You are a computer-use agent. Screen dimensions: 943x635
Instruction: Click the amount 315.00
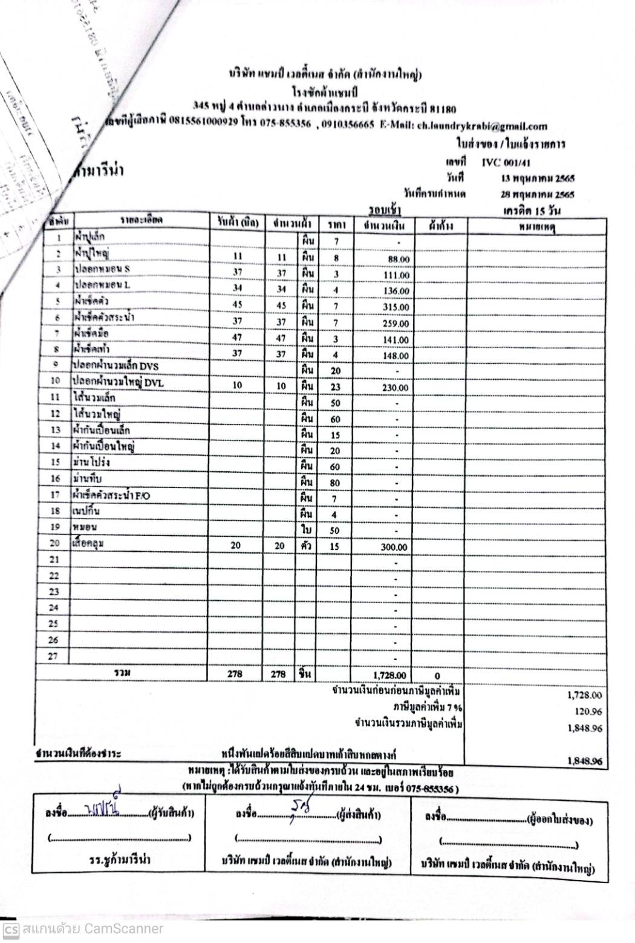click(397, 307)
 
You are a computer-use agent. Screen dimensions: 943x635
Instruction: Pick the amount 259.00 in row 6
click(397, 324)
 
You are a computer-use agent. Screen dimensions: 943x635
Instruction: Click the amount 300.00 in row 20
click(394, 547)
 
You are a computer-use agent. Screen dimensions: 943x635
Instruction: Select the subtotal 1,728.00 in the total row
click(389, 676)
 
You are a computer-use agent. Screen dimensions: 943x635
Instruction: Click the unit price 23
click(336, 387)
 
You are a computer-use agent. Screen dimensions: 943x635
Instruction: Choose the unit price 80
click(336, 483)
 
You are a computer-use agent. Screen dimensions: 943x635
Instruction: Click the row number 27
click(54, 656)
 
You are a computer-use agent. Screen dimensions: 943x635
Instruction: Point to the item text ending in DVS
click(115, 366)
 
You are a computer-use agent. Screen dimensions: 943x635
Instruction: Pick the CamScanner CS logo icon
click(10, 929)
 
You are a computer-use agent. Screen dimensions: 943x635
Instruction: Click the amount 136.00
click(397, 292)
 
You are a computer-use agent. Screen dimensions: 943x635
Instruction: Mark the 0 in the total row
click(437, 676)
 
